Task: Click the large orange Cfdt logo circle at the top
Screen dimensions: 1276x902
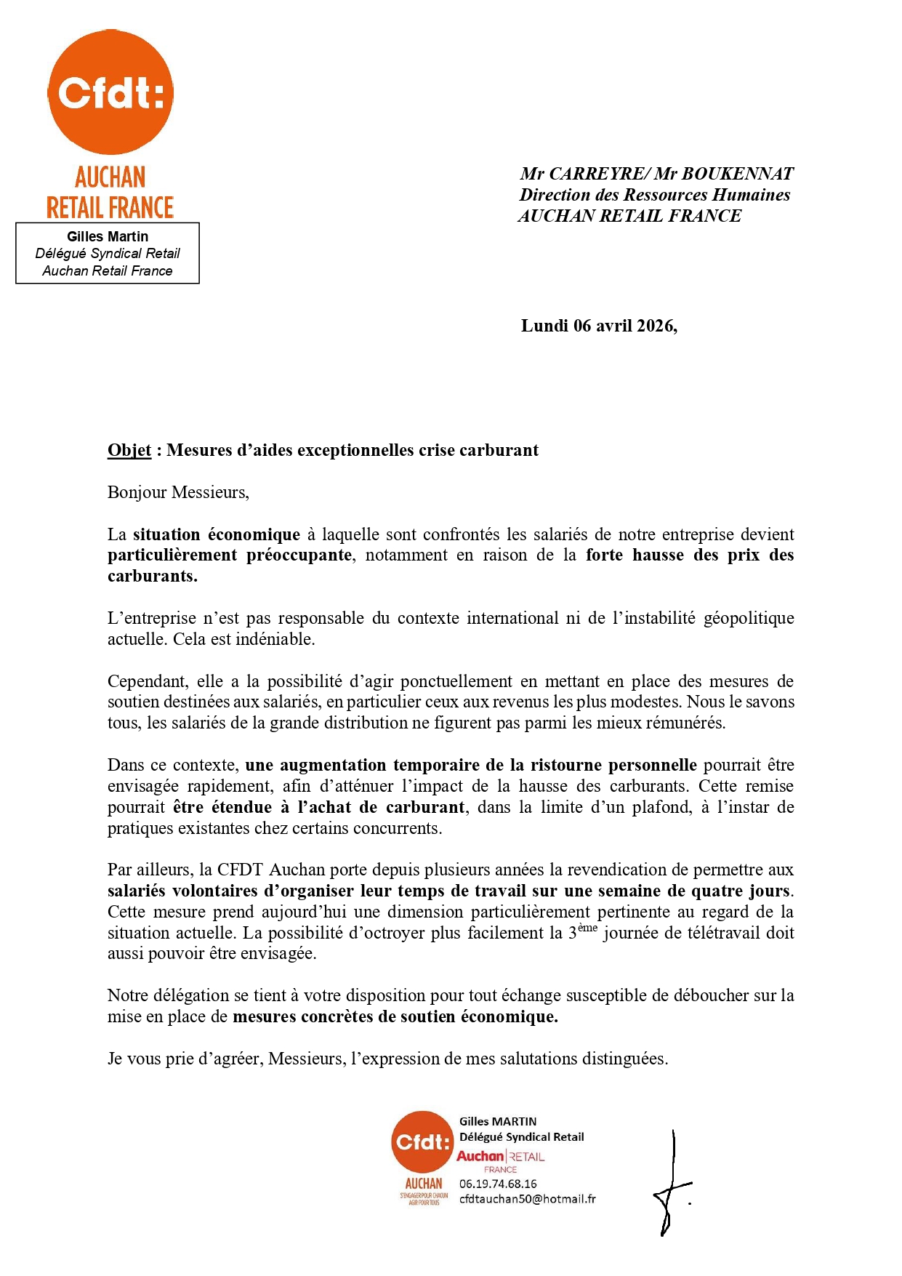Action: click(110, 92)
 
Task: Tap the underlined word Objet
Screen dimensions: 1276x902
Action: click(129, 450)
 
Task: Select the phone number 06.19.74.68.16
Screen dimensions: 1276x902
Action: click(498, 1184)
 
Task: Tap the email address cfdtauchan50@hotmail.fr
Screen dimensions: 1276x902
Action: click(527, 1199)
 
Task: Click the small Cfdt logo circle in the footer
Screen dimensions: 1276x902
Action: click(422, 1141)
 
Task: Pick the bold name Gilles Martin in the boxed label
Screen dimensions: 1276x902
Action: click(108, 236)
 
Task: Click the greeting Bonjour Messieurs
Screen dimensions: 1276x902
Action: click(178, 492)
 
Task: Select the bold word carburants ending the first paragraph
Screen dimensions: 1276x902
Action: click(152, 577)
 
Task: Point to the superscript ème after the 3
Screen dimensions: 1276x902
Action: click(587, 928)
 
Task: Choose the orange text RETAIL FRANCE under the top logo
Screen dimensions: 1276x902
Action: click(110, 208)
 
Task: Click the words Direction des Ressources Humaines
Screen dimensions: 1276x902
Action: click(654, 195)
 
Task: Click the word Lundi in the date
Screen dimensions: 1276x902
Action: click(544, 326)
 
